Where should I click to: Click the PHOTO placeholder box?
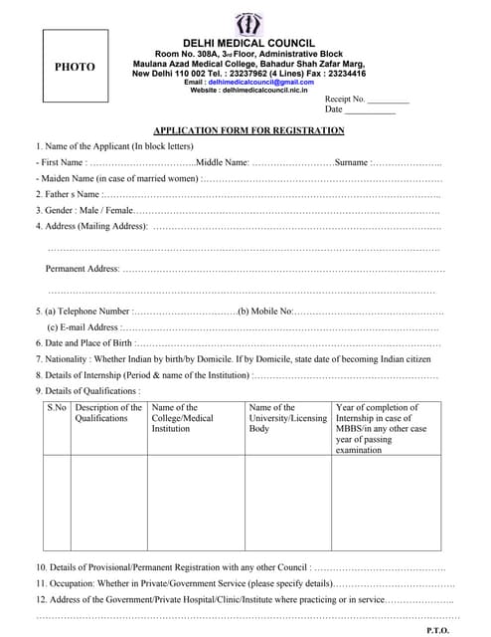[76, 67]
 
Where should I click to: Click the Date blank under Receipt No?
[370, 110]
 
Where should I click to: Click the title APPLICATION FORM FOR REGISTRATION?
[248, 130]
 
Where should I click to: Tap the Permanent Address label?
[82, 269]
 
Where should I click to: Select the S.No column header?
[57, 408]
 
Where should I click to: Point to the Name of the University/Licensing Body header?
[287, 418]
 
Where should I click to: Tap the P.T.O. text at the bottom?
[437, 630]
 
